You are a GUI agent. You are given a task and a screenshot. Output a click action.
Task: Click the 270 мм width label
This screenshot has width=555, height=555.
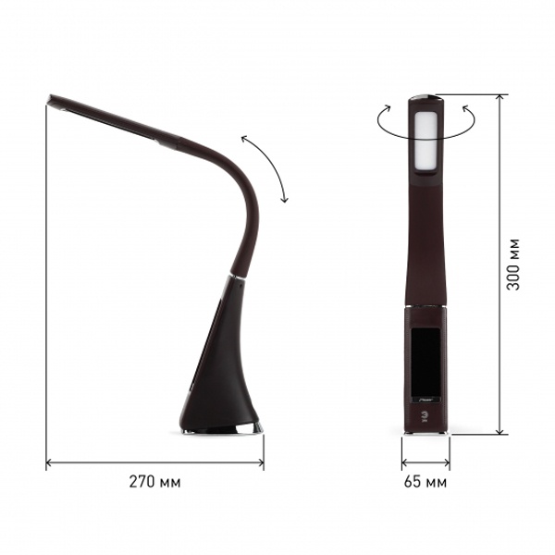154,482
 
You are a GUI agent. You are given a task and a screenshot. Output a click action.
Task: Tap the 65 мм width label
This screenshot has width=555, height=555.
425,482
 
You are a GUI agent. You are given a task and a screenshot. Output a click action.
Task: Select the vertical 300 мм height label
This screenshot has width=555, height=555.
512,265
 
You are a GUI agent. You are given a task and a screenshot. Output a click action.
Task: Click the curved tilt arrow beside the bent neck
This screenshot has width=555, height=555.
269,166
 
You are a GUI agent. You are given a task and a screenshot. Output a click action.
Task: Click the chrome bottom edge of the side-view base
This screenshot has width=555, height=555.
222,429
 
